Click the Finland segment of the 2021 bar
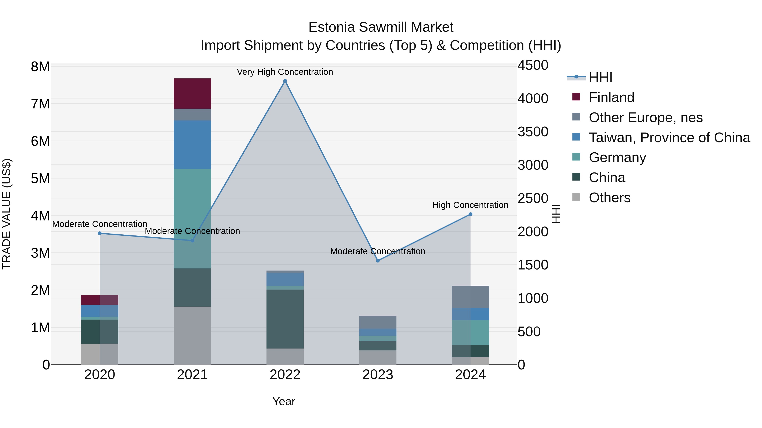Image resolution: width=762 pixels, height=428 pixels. [x=192, y=93]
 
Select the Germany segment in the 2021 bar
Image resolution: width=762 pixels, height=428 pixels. [x=192, y=219]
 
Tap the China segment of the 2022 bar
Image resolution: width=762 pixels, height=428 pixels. [x=285, y=319]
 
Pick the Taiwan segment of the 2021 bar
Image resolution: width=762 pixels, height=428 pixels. [x=192, y=145]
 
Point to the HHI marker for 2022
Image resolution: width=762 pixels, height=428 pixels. [x=285, y=81]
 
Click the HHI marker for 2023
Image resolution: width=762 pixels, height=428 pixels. [x=378, y=261]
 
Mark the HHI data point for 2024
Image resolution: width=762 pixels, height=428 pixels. [x=470, y=214]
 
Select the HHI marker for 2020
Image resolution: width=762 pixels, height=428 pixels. [x=100, y=233]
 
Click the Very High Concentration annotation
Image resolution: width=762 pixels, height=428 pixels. [x=285, y=72]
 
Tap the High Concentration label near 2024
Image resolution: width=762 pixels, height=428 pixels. [x=470, y=205]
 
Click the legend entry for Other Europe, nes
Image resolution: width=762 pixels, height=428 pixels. [x=645, y=118]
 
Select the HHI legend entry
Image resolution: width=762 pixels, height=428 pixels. [x=600, y=77]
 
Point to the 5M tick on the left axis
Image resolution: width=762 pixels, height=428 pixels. [x=40, y=178]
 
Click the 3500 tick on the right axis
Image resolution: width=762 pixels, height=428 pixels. [x=533, y=132]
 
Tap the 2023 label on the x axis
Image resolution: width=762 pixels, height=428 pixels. [x=378, y=375]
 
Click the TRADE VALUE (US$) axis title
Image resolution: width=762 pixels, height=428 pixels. [x=7, y=214]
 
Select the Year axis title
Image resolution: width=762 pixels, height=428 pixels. [x=283, y=401]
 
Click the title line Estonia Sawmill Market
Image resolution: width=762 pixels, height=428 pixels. [x=381, y=27]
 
